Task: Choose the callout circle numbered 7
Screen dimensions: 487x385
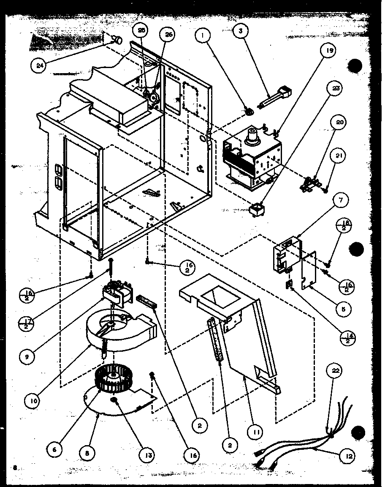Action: (339, 200)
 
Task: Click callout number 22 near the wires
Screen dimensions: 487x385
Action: (336, 371)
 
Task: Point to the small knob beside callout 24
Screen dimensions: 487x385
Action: (118, 41)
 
